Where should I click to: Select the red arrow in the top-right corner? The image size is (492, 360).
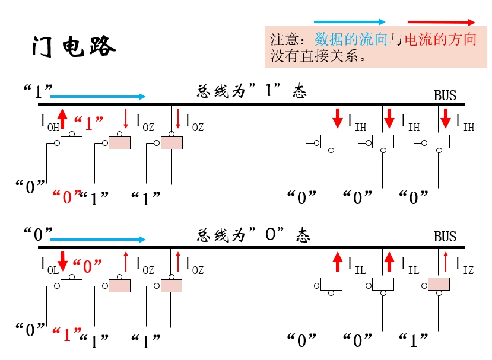point(441,21)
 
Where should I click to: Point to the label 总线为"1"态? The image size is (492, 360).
point(252,91)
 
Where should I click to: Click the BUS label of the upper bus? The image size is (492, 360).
point(445,95)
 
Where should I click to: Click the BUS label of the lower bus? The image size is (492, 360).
point(445,237)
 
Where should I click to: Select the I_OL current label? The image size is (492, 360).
point(49,266)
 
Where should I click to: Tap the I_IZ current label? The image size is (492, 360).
point(465,265)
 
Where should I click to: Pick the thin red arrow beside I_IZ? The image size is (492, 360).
point(446,261)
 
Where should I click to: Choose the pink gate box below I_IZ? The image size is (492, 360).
point(439,285)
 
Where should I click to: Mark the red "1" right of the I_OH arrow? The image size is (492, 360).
point(90,123)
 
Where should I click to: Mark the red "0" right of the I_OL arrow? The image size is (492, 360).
point(88,266)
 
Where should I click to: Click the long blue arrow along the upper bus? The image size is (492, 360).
point(98,96)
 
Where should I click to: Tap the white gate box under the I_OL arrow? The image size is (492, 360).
point(72,286)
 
